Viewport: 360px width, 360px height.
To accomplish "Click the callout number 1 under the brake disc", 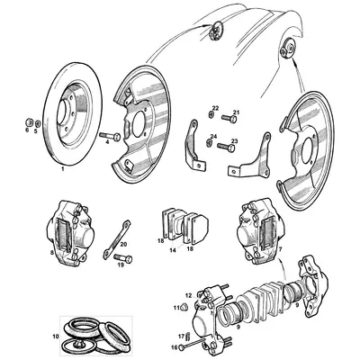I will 61,168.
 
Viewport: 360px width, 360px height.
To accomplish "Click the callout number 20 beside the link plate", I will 123,244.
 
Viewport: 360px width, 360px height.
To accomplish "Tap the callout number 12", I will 187,293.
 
